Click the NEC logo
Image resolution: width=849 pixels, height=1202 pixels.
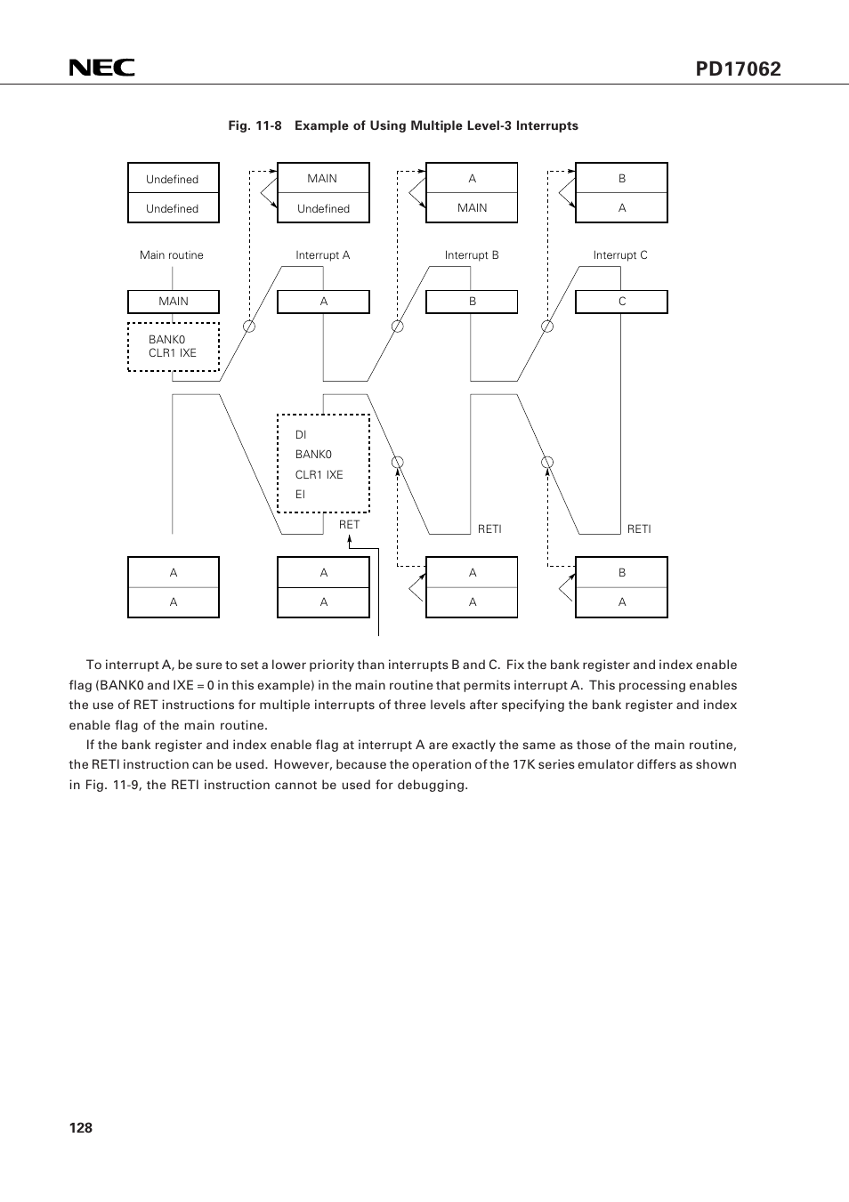click(x=102, y=68)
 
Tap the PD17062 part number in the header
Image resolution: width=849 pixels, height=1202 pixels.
click(x=738, y=69)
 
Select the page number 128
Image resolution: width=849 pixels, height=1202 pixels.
click(x=80, y=1127)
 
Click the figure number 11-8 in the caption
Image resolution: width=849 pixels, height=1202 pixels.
click(x=269, y=125)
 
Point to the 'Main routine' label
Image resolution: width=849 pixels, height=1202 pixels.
click(x=172, y=254)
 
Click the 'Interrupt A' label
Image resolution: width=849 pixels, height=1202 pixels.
click(x=322, y=254)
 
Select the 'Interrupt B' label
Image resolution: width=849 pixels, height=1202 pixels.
click(x=472, y=254)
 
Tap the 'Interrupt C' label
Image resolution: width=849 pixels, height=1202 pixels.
click(x=620, y=254)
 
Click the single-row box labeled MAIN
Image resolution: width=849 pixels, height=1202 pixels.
click(x=174, y=302)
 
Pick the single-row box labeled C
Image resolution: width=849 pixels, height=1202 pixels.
click(x=621, y=302)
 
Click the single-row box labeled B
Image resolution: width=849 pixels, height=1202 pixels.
click(x=472, y=302)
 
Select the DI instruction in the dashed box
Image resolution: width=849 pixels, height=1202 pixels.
click(x=301, y=435)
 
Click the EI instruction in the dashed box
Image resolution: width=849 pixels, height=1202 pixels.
click(x=300, y=494)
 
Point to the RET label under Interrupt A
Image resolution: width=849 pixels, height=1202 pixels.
click(x=349, y=524)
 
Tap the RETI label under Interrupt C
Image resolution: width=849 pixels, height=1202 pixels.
click(x=639, y=529)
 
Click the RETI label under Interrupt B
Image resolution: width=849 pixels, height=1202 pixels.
click(x=489, y=529)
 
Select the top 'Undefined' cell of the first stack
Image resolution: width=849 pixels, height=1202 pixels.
click(x=174, y=178)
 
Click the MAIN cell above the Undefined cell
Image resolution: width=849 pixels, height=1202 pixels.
click(x=323, y=178)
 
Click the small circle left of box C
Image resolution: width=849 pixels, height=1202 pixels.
click(x=546, y=327)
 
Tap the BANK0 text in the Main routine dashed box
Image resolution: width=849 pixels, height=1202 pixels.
click(x=166, y=339)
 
